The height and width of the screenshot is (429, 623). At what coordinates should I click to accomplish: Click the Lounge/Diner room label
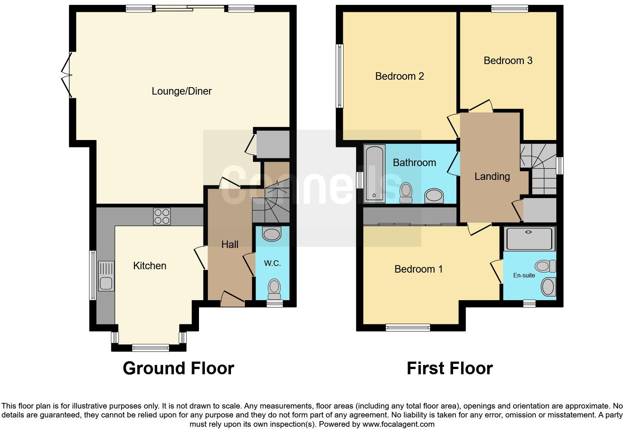(x=181, y=91)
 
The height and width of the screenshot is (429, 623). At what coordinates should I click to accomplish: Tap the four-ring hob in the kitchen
(x=162, y=216)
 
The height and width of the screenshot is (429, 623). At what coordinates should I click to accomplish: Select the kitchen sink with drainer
(x=106, y=276)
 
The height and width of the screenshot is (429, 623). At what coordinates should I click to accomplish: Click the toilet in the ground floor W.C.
(x=274, y=289)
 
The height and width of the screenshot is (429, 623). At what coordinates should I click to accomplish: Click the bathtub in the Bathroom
(x=374, y=174)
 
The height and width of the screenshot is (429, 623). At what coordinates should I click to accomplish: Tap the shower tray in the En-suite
(x=529, y=239)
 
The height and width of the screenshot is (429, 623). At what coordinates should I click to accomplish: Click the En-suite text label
(x=524, y=276)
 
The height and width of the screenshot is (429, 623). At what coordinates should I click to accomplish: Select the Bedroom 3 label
(x=507, y=61)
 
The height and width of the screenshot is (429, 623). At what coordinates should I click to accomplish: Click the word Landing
(x=492, y=177)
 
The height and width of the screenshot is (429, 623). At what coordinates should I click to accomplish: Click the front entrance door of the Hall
(x=233, y=300)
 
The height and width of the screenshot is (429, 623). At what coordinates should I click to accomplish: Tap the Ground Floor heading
(x=178, y=368)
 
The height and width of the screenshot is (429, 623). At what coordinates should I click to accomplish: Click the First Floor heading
(x=449, y=368)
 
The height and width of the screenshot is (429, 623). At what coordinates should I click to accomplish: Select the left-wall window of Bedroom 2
(x=339, y=76)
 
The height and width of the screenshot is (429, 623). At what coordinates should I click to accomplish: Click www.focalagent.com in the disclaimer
(x=398, y=424)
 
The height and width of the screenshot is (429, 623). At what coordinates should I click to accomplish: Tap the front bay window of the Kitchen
(x=150, y=348)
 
